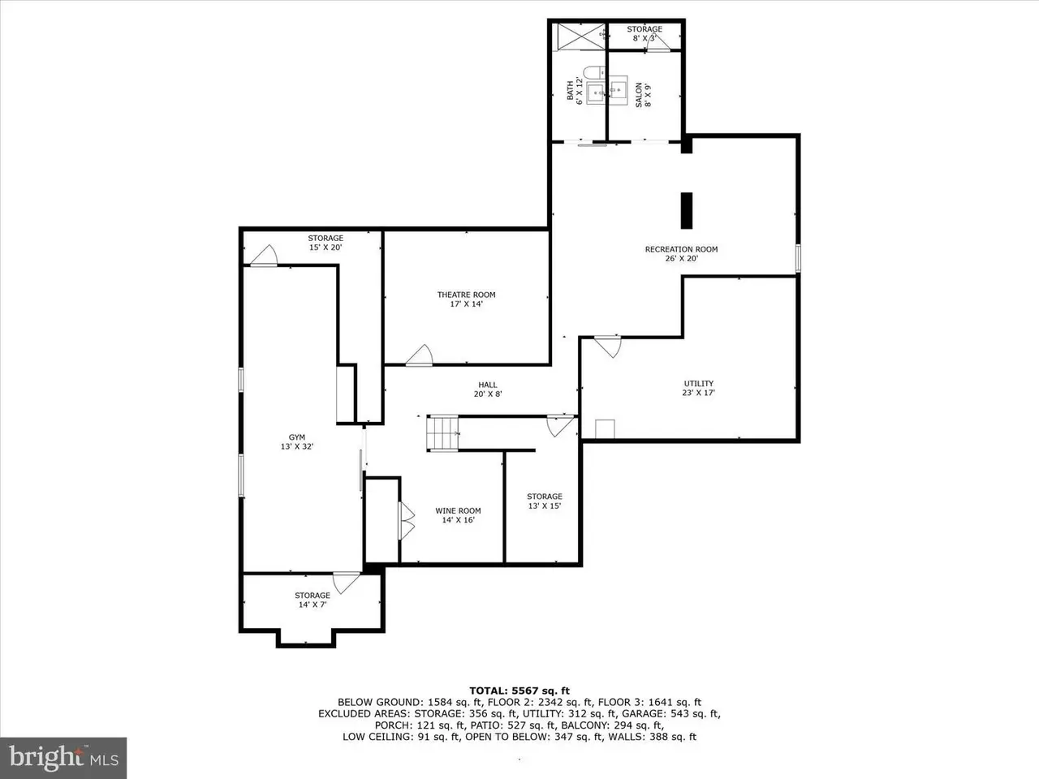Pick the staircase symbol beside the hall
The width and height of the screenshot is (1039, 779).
[442, 433]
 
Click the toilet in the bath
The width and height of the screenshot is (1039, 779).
[593, 73]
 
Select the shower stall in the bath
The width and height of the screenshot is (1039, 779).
[581, 37]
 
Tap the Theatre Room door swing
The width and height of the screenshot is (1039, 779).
[420, 355]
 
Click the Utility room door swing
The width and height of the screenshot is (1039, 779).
[608, 346]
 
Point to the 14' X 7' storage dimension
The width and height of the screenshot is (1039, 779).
[313, 605]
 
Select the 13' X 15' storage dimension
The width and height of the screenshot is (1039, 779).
[545, 506]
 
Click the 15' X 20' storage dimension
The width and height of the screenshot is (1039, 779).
[325, 247]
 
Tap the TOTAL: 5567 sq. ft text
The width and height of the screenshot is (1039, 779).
[519, 691]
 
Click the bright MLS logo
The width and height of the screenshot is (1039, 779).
[63, 758]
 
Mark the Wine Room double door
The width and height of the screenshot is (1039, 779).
[407, 521]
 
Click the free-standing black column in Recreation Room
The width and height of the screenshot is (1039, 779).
[687, 210]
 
